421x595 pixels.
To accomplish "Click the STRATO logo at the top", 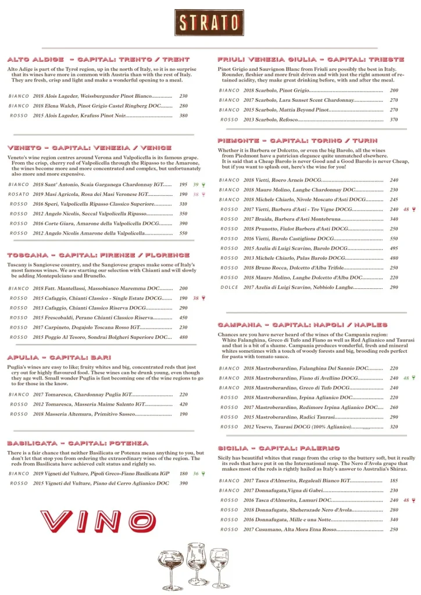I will [x=209, y=23].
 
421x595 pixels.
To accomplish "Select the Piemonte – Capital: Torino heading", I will [x=298, y=141].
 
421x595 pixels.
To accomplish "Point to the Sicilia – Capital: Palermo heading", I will [x=279, y=449].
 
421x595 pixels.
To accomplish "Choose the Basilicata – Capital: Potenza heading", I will [x=78, y=443].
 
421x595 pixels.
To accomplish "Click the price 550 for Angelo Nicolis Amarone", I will [x=183, y=233].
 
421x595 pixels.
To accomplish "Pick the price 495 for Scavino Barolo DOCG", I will [x=394, y=248].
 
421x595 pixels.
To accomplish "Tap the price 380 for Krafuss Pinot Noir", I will [x=183, y=116].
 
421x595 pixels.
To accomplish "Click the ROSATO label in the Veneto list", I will [x=19, y=194].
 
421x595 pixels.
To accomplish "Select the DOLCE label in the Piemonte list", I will [x=229, y=287].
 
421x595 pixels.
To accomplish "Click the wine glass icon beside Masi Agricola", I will [x=203, y=195].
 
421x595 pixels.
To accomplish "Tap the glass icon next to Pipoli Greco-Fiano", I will [x=203, y=474].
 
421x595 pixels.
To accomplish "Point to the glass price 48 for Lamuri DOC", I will [x=406, y=500].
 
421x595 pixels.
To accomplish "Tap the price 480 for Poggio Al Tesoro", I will [x=183, y=337].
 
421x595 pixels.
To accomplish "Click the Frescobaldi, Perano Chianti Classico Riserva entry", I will [x=102, y=318].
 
